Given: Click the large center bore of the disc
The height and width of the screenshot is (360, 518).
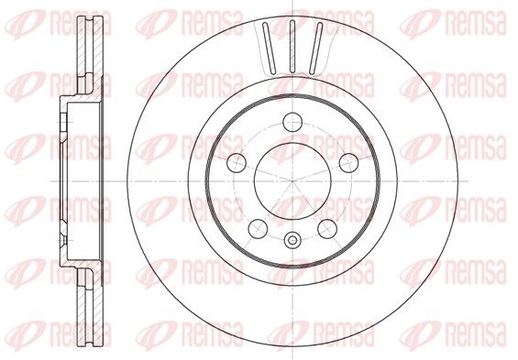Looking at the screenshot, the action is click(x=292, y=180).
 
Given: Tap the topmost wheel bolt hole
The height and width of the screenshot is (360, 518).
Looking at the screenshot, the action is click(x=292, y=122).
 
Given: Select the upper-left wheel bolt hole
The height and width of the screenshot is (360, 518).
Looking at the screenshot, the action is click(x=237, y=162).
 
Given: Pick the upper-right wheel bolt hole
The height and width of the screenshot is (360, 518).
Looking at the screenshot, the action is click(x=349, y=162).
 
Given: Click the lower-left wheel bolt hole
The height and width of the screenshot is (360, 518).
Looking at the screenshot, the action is click(x=258, y=229).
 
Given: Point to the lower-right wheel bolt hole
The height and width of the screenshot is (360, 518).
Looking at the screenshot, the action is click(x=327, y=229).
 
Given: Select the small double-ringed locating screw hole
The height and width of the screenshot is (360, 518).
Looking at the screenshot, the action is click(x=292, y=240).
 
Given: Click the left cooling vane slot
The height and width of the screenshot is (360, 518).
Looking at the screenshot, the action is click(x=269, y=49).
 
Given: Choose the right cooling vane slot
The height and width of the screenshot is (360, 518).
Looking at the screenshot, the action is click(x=315, y=49).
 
